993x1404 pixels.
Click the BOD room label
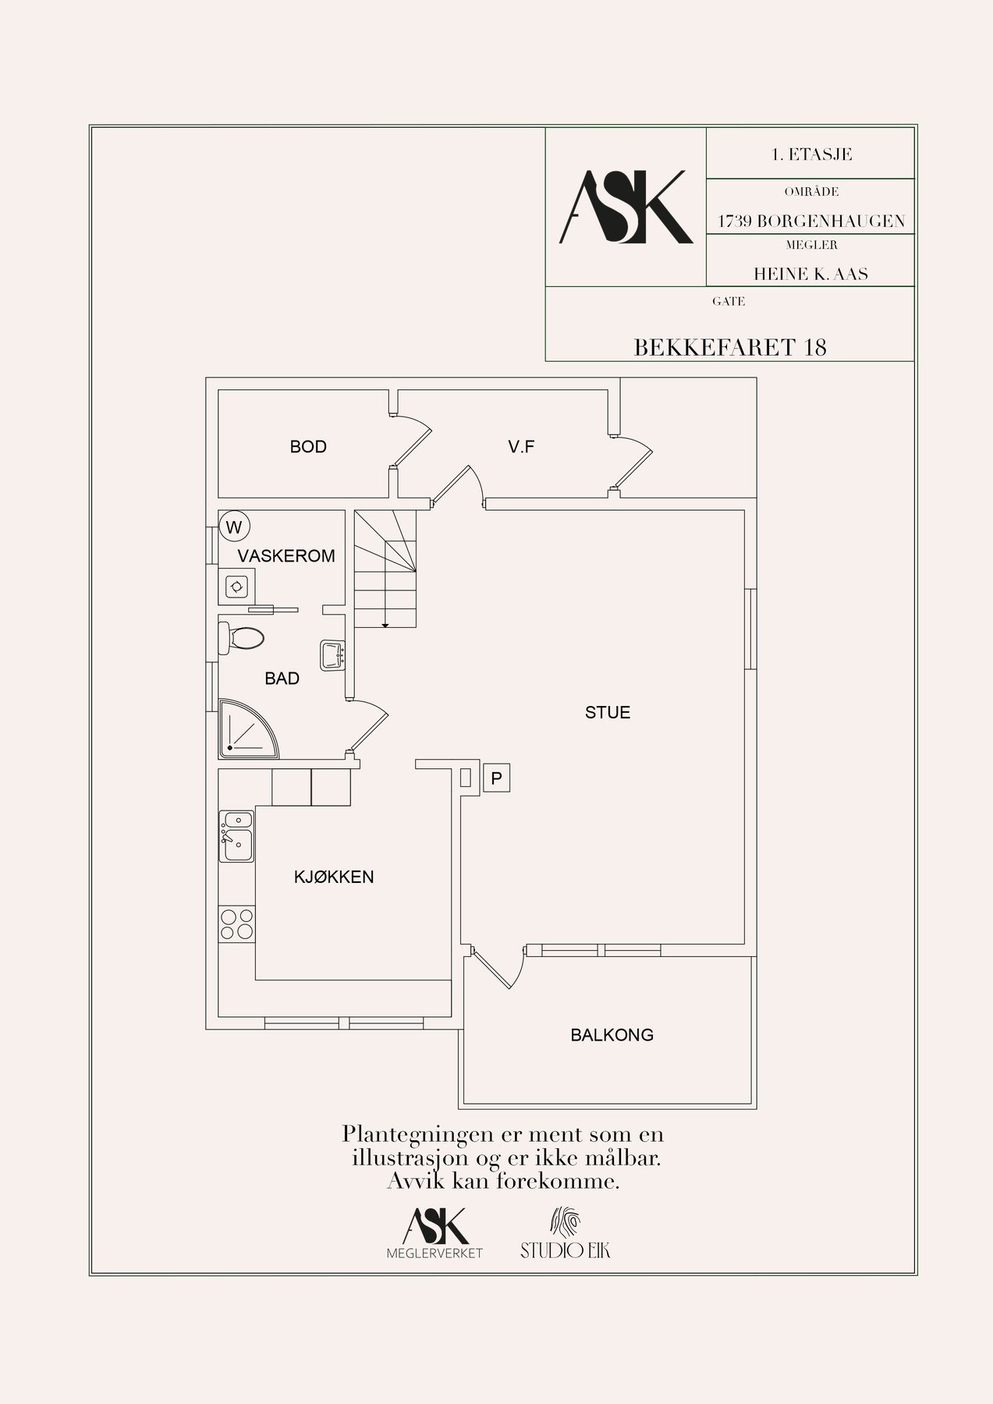point(308,447)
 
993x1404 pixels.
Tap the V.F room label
point(521,447)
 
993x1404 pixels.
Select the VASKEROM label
point(286,556)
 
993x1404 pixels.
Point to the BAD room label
point(282,679)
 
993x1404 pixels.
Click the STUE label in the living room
point(608,712)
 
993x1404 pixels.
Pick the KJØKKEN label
point(334,877)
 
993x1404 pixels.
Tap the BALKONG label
point(612,1035)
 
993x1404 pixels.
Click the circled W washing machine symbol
point(233,526)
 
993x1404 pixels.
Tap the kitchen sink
point(236,836)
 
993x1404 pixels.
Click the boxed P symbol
point(496,778)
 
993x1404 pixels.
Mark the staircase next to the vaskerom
point(385,569)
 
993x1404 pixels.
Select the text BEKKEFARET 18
point(730,347)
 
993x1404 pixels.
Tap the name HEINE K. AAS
point(810,274)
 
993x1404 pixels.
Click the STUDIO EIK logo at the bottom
point(566,1233)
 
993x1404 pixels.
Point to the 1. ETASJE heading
point(811,154)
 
